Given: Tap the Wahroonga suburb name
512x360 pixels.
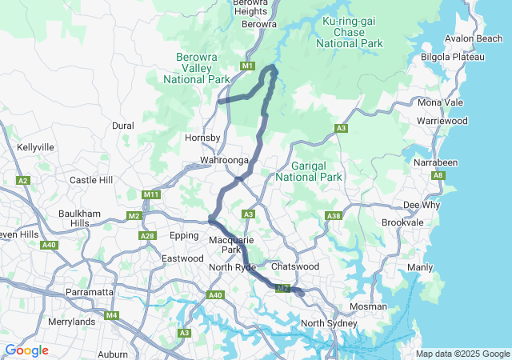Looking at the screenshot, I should [225, 161].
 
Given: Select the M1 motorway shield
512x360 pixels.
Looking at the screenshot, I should [246, 66].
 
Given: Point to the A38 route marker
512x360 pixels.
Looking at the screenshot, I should [334, 215].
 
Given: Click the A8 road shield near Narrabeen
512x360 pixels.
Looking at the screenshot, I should [438, 175].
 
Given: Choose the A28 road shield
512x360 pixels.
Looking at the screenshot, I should [147, 235].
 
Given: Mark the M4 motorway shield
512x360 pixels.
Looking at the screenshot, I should [111, 315].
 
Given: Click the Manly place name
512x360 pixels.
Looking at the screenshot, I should [420, 267].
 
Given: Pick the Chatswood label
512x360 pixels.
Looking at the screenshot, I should [295, 266].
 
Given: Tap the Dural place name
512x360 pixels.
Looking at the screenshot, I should [123, 126].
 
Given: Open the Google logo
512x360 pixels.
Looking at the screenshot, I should [26, 350].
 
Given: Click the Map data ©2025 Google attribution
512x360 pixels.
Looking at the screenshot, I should [462, 354].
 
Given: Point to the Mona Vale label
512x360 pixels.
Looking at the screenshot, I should [440, 103].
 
